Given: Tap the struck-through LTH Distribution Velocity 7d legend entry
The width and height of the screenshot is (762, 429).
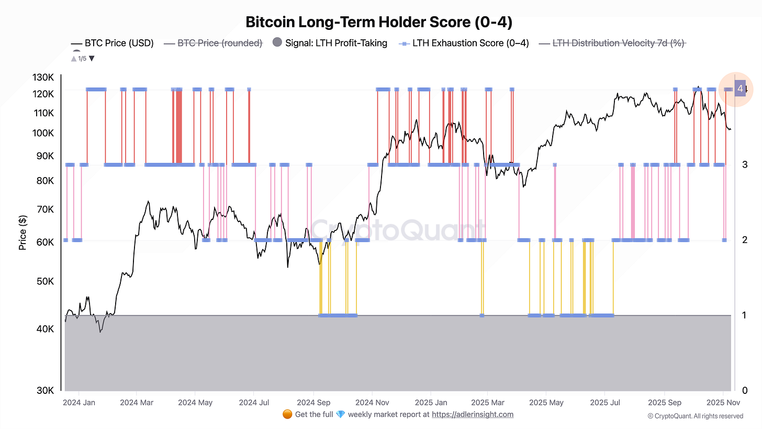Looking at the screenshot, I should (x=619, y=43).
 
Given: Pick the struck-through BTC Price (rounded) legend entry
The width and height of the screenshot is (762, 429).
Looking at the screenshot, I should (x=220, y=43).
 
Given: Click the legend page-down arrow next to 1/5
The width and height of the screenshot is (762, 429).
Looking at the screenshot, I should (x=92, y=58).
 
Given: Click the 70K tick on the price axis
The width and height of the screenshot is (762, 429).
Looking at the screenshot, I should (x=44, y=210).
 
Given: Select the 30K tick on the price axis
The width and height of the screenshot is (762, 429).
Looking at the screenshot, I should (x=44, y=390).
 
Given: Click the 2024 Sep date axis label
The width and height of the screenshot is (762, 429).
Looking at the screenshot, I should (x=313, y=403).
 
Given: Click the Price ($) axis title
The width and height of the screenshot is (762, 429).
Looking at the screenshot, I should (x=23, y=233).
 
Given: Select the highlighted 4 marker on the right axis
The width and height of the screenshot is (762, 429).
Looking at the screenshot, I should (x=740, y=89).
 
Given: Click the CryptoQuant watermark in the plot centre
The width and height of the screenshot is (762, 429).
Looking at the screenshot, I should (x=398, y=229).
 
